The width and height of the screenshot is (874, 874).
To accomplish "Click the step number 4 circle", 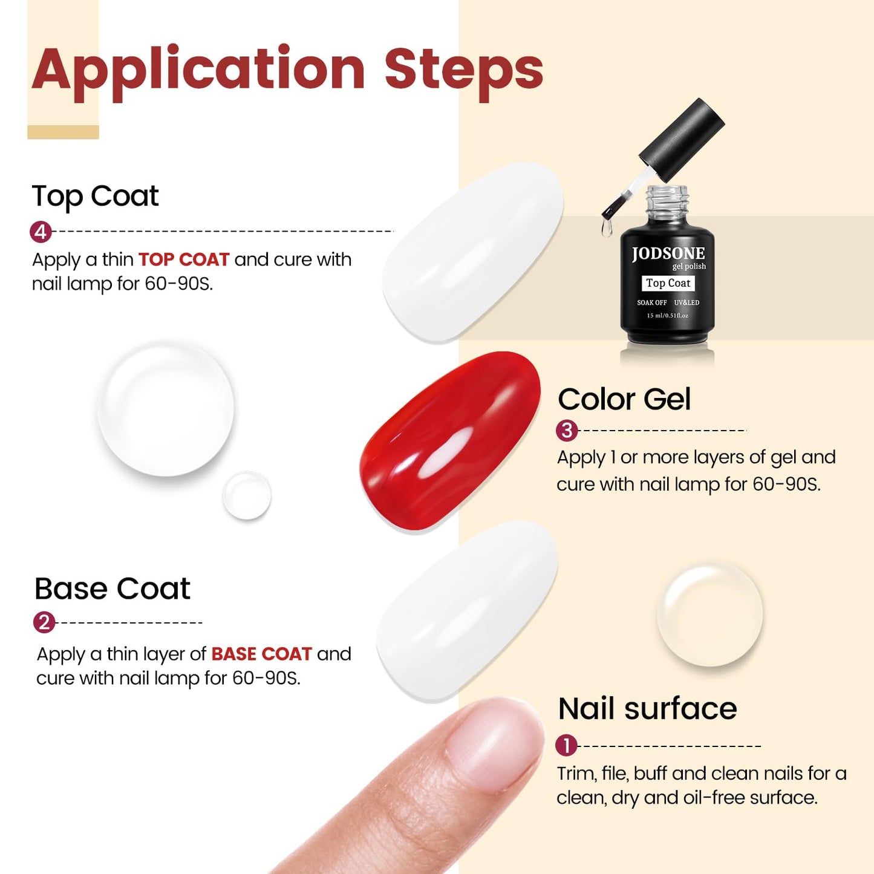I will (x=41, y=232).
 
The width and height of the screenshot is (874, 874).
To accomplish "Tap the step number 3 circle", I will (x=567, y=430).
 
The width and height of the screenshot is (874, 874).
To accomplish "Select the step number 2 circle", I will (x=44, y=622).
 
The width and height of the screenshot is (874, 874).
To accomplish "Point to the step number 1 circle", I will (x=566, y=746).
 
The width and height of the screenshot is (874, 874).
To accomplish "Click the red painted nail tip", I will (x=449, y=442).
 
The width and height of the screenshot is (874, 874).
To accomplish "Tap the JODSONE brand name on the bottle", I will (x=668, y=253).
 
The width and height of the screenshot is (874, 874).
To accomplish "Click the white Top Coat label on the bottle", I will (x=668, y=283).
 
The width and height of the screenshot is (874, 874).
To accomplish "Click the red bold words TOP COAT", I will (x=184, y=259).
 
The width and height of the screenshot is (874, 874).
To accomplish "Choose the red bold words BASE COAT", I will (x=261, y=654).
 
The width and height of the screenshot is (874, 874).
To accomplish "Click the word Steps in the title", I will (x=463, y=70).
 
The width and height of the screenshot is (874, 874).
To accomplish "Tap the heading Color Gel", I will (x=624, y=399).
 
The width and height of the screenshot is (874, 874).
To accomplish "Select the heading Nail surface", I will (x=647, y=708).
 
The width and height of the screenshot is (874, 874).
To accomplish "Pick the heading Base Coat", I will (x=113, y=589).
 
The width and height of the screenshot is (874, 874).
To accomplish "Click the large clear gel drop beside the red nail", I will (x=166, y=408).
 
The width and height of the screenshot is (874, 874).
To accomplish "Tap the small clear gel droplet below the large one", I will (x=246, y=495).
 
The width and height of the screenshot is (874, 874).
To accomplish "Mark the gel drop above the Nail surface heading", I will (x=709, y=613).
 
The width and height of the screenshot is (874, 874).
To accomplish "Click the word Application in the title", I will (x=198, y=70).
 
